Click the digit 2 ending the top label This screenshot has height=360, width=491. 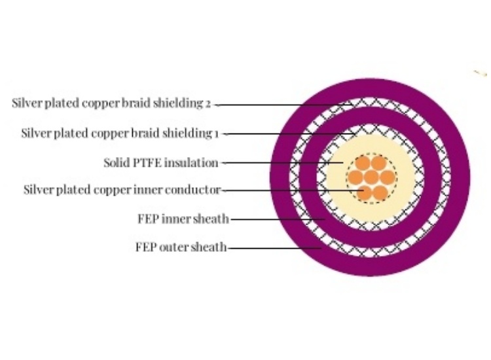[208, 103]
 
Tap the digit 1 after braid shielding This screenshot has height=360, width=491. [216, 134]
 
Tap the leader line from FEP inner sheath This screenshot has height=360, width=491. [275, 219]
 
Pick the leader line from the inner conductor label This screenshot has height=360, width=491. [288, 190]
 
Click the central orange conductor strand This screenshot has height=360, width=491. [371, 177]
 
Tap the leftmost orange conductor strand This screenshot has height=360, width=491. [356, 177]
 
